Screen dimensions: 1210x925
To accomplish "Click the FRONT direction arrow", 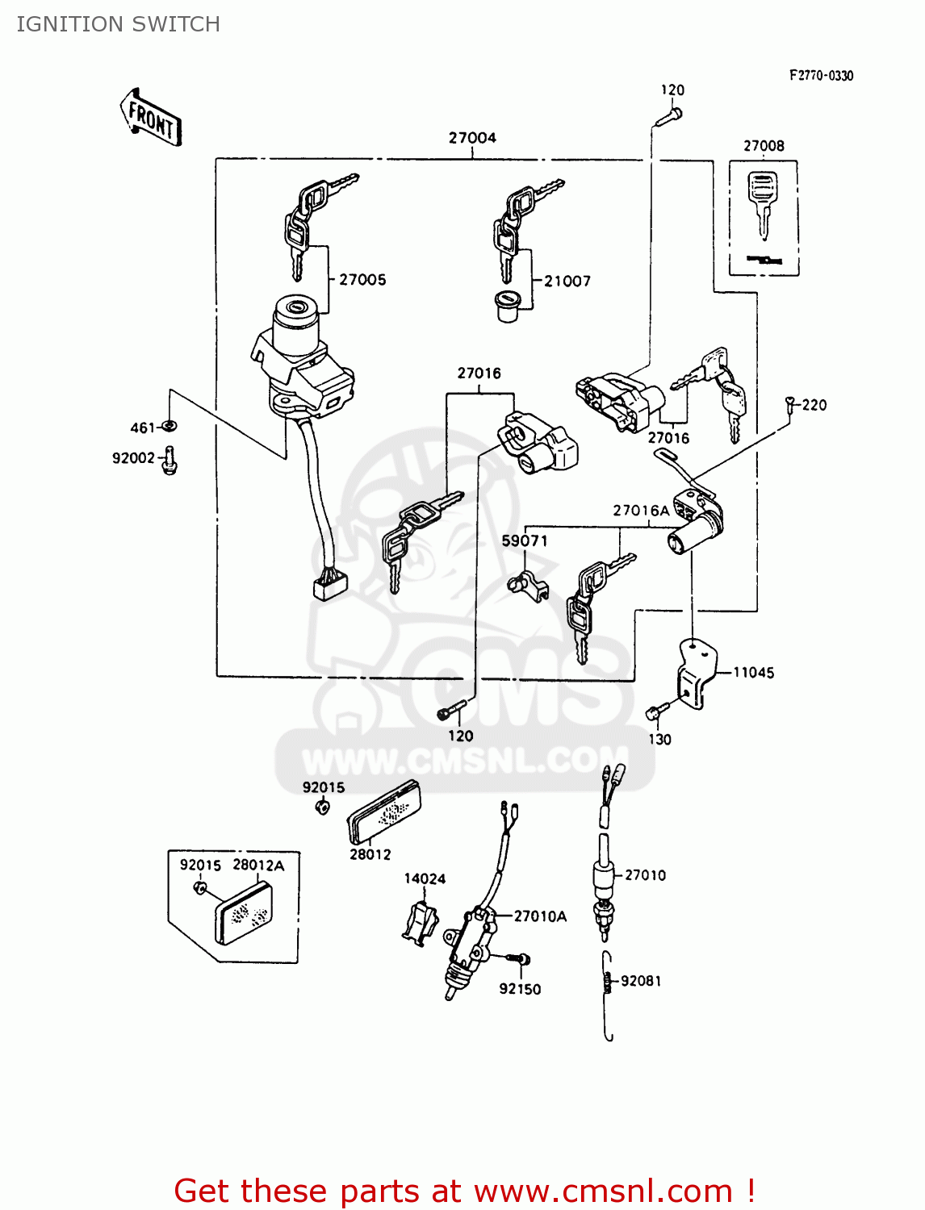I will tap(152, 118).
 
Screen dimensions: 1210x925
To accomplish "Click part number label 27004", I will tap(472, 138).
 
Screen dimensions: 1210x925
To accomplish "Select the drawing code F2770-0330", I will tap(821, 76).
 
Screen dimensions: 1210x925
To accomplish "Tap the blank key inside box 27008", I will tap(761, 202).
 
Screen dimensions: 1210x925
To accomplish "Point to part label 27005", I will tap(362, 280).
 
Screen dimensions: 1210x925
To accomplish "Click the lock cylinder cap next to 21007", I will tap(507, 306).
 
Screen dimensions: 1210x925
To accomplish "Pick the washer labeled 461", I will tap(170, 426).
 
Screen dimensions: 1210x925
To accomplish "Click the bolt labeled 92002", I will tap(170, 460).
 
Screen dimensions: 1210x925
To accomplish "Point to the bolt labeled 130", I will tap(656, 711).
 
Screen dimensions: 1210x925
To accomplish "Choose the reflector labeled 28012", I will tap(385, 812).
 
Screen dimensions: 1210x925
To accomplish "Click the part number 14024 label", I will tap(425, 878).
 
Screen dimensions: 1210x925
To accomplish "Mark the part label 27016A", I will tap(641, 511).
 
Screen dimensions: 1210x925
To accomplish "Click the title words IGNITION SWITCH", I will tap(119, 24).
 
